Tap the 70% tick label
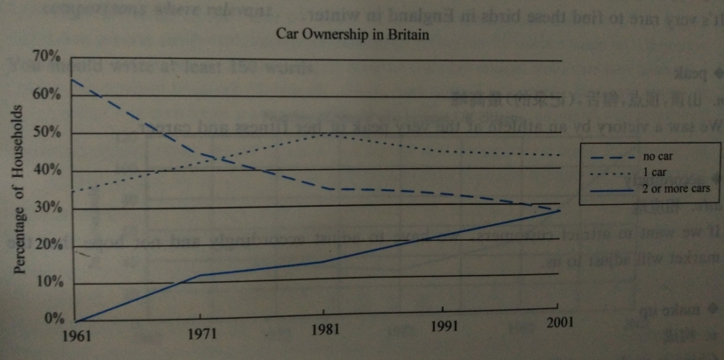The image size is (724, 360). pos(46,57)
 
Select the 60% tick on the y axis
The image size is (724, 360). pos(46,94)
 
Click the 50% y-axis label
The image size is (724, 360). pos(46,132)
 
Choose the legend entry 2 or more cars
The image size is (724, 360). pos(674,187)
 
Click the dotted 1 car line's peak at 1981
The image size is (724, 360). pos(325,134)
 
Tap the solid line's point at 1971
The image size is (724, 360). pos(202,275)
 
